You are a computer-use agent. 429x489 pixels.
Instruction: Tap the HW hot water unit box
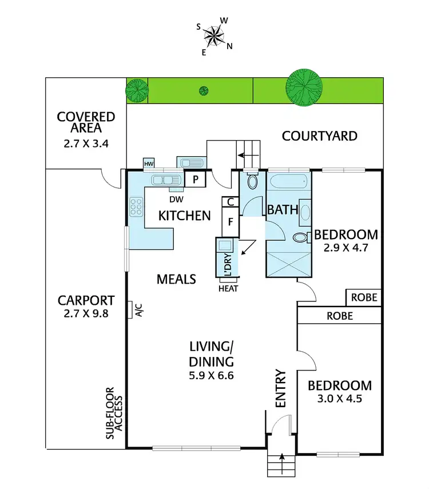[x=149, y=164]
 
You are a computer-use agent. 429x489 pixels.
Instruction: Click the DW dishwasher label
[x=177, y=199]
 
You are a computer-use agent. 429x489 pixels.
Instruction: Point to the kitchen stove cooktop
[x=137, y=206]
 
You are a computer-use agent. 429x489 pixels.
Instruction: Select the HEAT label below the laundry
[x=228, y=288]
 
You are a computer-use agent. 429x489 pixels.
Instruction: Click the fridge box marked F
[x=231, y=222]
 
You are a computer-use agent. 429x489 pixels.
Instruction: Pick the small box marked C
[x=230, y=202]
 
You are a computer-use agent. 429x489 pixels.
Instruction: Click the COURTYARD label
[x=320, y=136]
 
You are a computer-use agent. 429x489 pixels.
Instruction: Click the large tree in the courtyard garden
[x=303, y=88]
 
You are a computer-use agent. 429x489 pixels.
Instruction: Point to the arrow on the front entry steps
[x=281, y=456]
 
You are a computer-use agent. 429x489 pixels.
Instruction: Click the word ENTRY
[x=281, y=389]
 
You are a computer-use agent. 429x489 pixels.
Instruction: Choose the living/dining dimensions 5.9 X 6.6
[x=212, y=376]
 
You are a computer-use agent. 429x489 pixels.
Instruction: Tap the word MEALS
[x=176, y=279]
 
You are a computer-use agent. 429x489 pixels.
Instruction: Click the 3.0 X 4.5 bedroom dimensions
[x=339, y=399]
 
